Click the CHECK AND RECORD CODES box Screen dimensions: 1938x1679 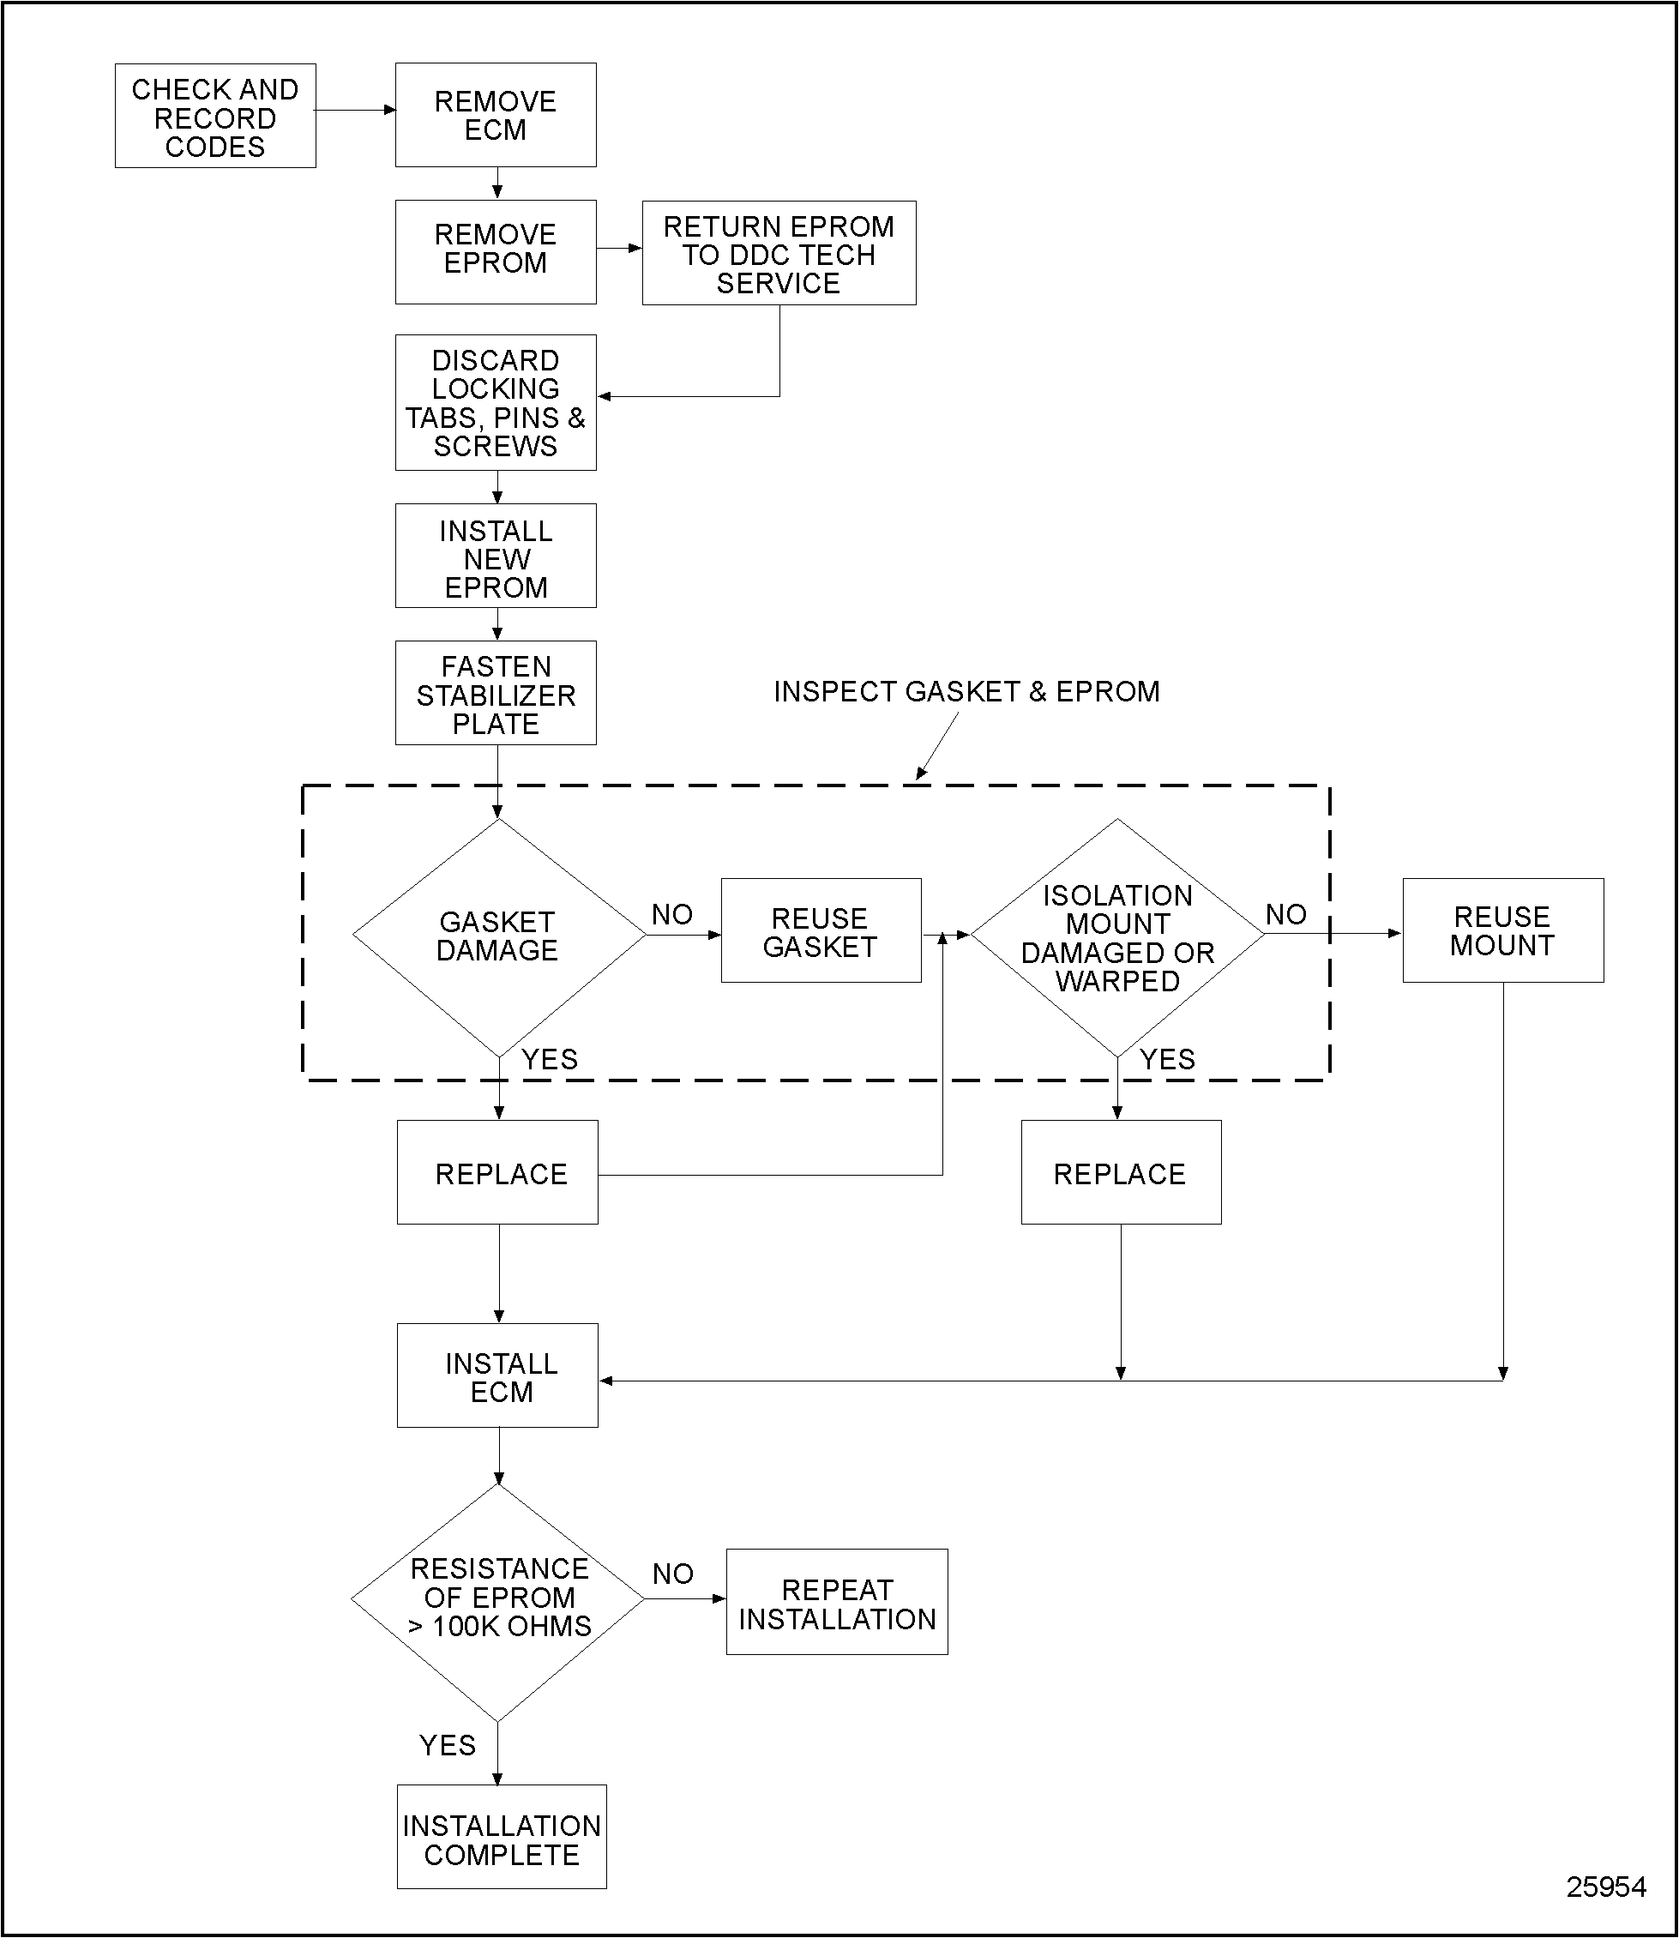point(214,117)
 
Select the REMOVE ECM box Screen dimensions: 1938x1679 point(495,115)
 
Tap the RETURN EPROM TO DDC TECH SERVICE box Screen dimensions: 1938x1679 point(778,253)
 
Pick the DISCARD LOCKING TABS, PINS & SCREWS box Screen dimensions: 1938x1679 point(495,403)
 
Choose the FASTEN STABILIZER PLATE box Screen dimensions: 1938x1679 point(495,694)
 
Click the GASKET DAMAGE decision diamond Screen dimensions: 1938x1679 point(497,936)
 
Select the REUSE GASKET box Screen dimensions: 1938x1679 point(821,930)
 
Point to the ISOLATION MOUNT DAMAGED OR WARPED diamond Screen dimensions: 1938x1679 point(1116,937)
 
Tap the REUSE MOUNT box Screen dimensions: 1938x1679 point(1501,930)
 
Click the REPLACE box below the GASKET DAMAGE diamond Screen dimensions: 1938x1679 point(497,1172)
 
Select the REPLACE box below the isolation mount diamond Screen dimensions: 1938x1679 point(1121,1172)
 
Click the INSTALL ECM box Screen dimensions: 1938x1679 point(497,1375)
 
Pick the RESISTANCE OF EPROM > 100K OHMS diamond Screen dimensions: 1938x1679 point(497,1598)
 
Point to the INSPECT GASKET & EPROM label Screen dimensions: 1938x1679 point(966,692)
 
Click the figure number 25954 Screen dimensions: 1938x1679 point(1605,1887)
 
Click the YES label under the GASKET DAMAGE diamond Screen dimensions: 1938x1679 point(549,1059)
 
